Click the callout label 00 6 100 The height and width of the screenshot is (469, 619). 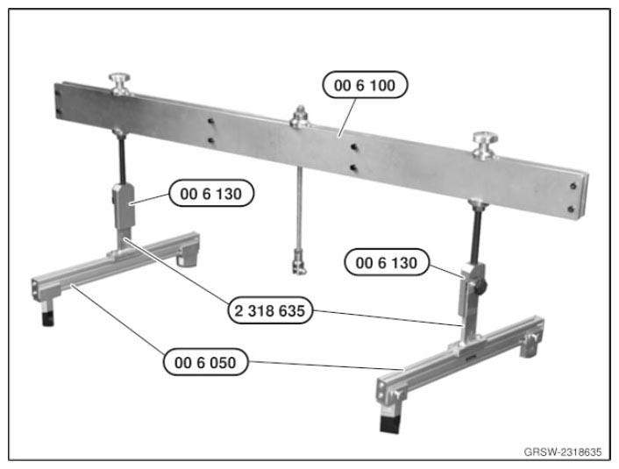point(365,85)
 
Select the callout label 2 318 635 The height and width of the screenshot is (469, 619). point(270,310)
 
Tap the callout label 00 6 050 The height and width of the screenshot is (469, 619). point(205,362)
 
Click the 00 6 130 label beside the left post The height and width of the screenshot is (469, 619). point(211,194)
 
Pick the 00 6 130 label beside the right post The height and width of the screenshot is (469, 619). point(387,262)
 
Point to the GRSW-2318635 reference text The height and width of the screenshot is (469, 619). point(563,452)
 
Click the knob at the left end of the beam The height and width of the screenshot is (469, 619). point(120,83)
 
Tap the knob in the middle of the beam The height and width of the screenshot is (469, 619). point(301,116)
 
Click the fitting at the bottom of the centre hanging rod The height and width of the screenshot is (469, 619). point(299,260)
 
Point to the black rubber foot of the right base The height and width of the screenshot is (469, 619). point(390,423)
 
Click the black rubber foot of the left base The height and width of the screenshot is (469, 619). point(47,318)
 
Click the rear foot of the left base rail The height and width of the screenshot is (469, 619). point(187,257)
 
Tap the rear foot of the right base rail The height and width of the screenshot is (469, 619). point(530,345)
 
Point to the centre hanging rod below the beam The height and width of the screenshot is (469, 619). point(300,208)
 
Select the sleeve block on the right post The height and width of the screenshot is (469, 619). point(473,289)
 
